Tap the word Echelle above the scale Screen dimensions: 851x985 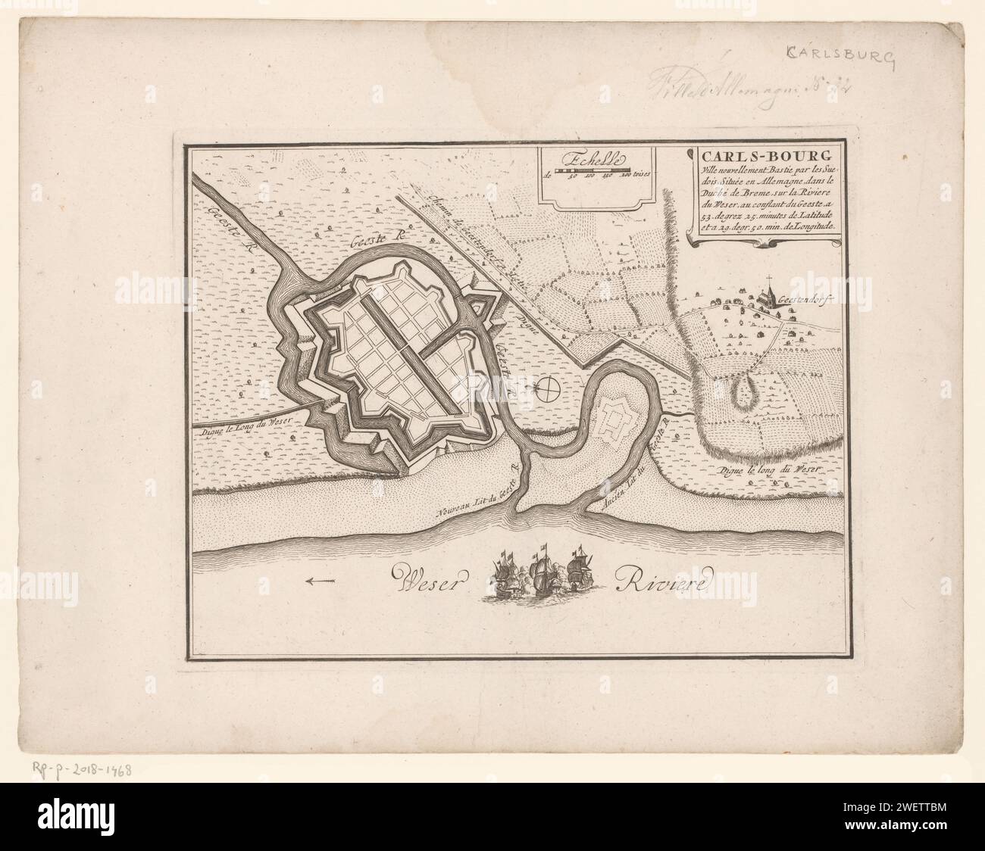[x=590, y=160]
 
